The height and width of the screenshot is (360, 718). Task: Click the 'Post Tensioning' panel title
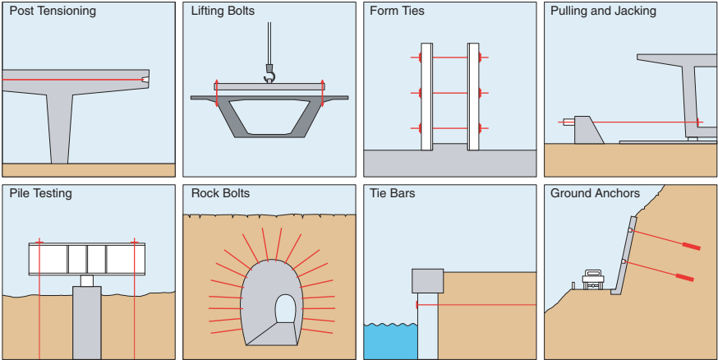[52, 12]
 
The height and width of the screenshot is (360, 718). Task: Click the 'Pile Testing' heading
[40, 194]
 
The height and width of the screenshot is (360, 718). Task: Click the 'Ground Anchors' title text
[595, 194]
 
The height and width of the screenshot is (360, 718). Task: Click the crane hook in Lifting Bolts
[268, 76]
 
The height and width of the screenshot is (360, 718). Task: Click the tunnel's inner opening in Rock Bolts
[284, 310]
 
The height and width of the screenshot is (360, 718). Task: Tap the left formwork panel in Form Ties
[426, 96]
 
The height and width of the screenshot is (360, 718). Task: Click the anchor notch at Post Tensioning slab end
[145, 80]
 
